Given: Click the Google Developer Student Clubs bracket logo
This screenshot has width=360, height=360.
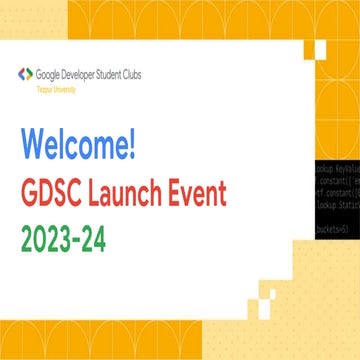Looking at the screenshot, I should point(23,74).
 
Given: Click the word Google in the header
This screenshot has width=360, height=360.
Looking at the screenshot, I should point(48,73).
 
